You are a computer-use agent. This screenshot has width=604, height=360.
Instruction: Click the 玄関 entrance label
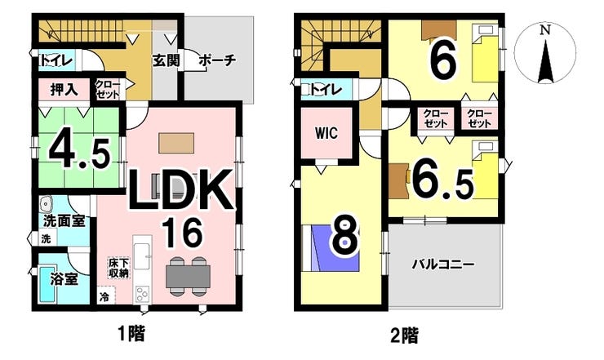click(166, 60)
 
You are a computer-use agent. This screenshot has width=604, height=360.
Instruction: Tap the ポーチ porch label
click(217, 60)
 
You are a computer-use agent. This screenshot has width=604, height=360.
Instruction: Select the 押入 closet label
click(64, 90)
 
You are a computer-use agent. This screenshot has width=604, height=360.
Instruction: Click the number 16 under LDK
click(184, 233)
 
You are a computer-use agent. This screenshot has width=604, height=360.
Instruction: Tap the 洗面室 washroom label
click(64, 221)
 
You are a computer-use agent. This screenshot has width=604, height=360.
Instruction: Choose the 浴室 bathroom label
click(64, 279)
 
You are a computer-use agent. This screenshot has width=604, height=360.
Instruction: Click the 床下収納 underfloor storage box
click(118, 269)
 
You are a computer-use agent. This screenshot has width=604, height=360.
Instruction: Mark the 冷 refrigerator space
click(104, 297)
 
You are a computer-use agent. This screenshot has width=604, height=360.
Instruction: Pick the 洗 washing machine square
click(47, 238)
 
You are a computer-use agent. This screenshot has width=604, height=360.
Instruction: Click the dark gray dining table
click(188, 277)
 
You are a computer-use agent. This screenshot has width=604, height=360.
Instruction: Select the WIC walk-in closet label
click(326, 133)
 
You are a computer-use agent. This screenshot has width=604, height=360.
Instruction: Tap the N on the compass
click(544, 30)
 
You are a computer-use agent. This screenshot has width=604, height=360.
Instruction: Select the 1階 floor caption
click(131, 333)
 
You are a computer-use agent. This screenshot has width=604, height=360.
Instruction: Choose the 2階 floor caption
click(404, 335)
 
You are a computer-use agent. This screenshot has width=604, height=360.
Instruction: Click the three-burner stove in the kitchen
click(142, 295)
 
